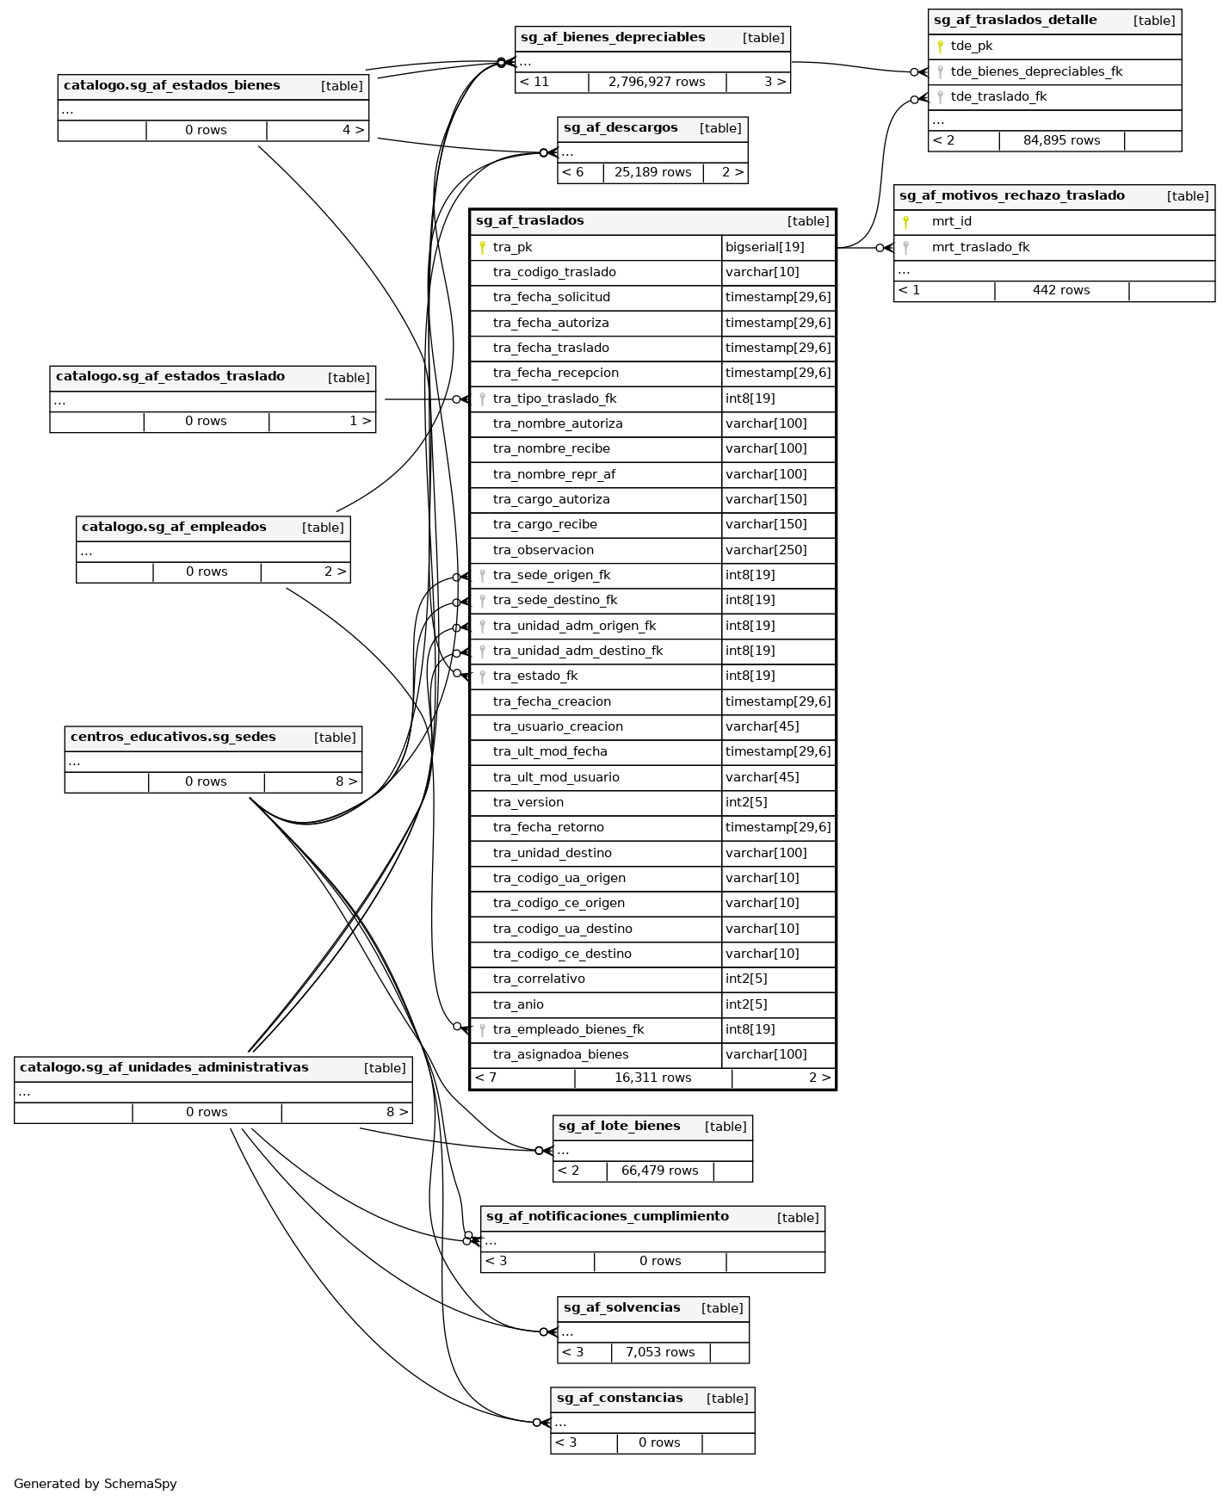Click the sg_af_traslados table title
click(x=529, y=221)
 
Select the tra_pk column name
click(x=512, y=248)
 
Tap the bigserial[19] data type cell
click(x=764, y=248)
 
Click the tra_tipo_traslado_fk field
click(x=554, y=399)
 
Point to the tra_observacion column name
click(x=543, y=551)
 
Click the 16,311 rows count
click(x=652, y=1078)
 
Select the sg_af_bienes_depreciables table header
click(x=613, y=38)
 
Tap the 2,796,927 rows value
click(x=656, y=83)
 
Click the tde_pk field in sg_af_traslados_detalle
click(x=971, y=46)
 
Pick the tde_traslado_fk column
click(x=998, y=97)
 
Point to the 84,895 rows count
click(x=1061, y=141)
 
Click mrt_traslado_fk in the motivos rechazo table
click(x=980, y=248)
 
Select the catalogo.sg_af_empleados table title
click(x=174, y=528)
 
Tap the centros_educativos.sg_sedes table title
click(x=173, y=738)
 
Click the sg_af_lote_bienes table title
click(x=619, y=1127)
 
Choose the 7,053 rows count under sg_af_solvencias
click(x=660, y=1353)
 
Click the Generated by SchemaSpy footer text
click(x=95, y=1484)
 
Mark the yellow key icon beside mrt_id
click(x=905, y=222)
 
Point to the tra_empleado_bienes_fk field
click(x=568, y=1030)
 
